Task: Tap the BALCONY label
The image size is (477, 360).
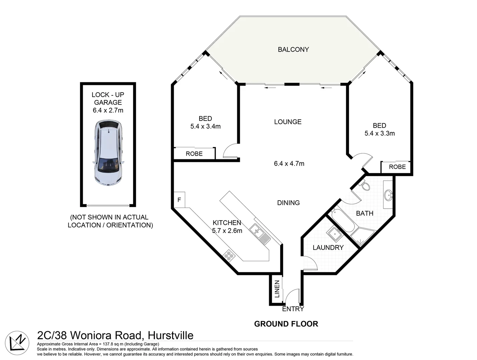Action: (x=293, y=50)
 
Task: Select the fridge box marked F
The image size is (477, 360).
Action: (x=179, y=200)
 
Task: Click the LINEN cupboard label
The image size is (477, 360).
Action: (x=277, y=289)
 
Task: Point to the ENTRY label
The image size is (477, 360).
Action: (x=293, y=309)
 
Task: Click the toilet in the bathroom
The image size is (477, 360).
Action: (x=365, y=185)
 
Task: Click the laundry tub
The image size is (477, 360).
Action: (x=334, y=234)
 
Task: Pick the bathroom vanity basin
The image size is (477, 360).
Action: (x=388, y=195)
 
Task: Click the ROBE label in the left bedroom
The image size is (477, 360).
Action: (x=194, y=154)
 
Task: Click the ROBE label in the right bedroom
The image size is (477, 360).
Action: (x=397, y=167)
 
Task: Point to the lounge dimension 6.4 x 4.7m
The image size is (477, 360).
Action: (x=289, y=164)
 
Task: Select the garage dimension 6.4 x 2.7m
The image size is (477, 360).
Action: (x=108, y=110)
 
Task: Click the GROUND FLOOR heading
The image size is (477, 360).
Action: (x=286, y=324)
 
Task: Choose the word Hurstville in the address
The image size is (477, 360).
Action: (x=170, y=335)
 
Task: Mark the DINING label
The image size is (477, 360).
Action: (x=288, y=203)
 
